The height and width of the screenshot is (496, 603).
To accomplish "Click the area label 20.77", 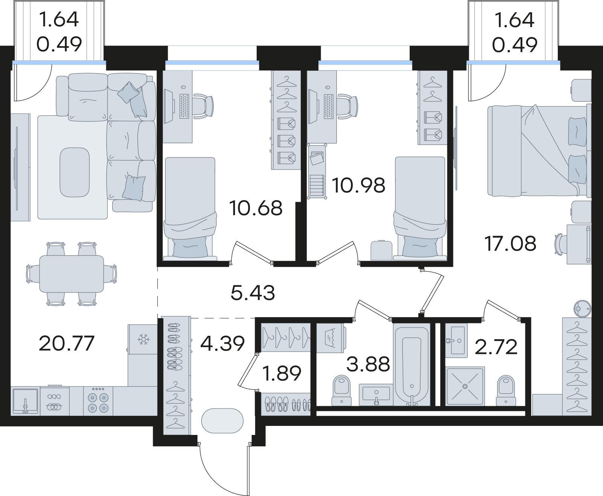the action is (66, 343).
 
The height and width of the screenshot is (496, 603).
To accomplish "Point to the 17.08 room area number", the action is (510, 243).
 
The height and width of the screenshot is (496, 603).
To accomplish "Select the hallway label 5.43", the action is (253, 293).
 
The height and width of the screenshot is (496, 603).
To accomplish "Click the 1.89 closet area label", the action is (282, 373).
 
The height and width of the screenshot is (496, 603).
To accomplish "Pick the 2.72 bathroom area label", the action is (496, 347).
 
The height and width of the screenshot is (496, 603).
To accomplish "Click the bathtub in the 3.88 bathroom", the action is (412, 364).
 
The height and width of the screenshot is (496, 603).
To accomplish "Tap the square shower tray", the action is (465, 386).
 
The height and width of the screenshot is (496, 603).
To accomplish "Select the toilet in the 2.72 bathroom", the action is (506, 390).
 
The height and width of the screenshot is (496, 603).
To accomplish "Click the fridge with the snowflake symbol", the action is (142, 339).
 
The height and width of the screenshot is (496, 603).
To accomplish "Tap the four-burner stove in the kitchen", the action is (98, 401).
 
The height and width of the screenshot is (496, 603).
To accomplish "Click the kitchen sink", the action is (25, 401).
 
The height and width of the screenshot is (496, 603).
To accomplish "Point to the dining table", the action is (72, 274).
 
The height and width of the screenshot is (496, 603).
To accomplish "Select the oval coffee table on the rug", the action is (75, 172).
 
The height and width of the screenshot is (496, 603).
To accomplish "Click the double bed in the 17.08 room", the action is (539, 151).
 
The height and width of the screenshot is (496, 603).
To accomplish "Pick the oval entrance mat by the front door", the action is (222, 421).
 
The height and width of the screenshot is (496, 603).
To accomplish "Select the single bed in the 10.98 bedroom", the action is (420, 208).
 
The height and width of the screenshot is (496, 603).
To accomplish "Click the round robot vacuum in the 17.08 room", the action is (582, 308).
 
